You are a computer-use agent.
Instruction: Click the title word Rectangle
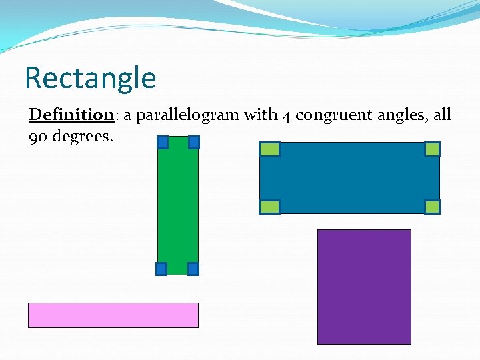point(90,78)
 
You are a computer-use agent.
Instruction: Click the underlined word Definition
point(72,115)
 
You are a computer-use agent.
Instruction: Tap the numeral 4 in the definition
point(285,116)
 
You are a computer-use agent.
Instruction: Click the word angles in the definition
point(395,116)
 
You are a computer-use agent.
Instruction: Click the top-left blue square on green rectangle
point(162,142)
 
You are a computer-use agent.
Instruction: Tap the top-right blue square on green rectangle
point(193,142)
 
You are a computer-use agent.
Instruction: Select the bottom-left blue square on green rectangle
point(161,269)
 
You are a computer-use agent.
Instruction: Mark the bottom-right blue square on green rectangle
point(193,269)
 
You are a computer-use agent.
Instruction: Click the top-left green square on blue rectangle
point(269,149)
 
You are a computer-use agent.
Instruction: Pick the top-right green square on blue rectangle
point(432,149)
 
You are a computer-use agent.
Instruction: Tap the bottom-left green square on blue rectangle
point(269,207)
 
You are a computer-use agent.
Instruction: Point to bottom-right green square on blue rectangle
point(432,207)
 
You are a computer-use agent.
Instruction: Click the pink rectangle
point(113,315)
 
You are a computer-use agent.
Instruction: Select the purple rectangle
point(364,287)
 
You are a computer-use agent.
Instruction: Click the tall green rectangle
point(177,207)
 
